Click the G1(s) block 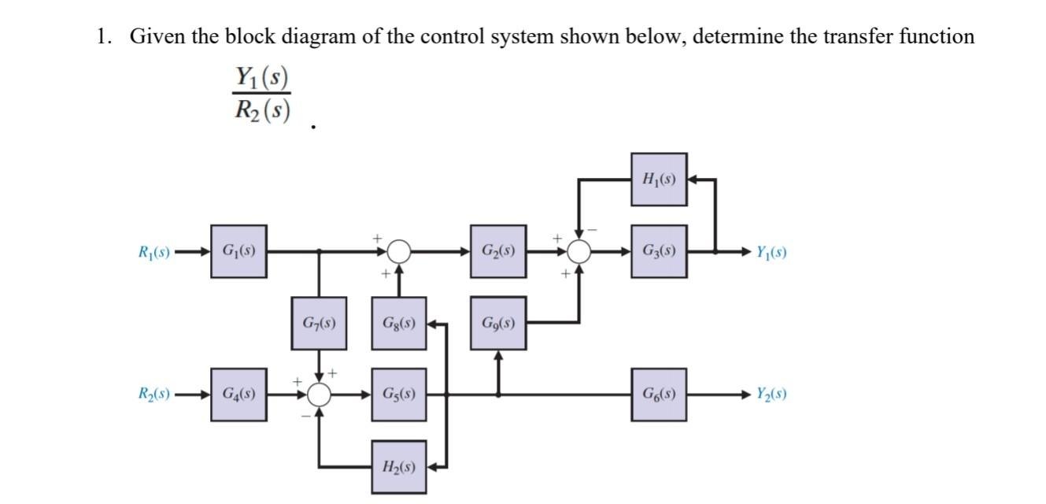tap(238, 252)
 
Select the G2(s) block tap(498, 252)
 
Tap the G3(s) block tap(659, 252)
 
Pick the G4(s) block tap(238, 394)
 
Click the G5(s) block tap(399, 394)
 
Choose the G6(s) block tap(659, 394)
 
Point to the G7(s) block tap(319, 323)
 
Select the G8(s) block tap(399, 323)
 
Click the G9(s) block tap(498, 323)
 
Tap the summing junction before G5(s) tap(319, 394)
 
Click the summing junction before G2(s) tap(399, 252)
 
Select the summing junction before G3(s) tap(579, 252)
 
